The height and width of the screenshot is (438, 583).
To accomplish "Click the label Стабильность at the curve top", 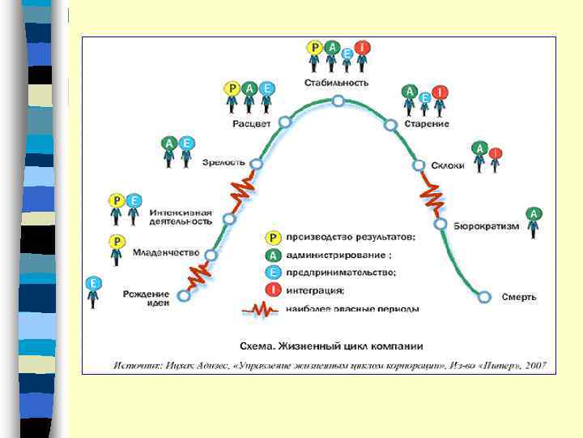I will pyautogui.click(x=337, y=83).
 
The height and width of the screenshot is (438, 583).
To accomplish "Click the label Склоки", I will pyautogui.click(x=449, y=165).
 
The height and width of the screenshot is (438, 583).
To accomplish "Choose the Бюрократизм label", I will pyautogui.click(x=486, y=225).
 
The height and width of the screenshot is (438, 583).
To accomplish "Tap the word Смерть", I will pyautogui.click(x=519, y=297).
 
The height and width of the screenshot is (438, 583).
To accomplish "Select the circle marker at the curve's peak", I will pyautogui.click(x=338, y=101).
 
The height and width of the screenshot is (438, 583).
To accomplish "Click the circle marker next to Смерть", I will pyautogui.click(x=484, y=297).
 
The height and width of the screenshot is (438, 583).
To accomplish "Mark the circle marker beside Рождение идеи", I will pyautogui.click(x=184, y=296).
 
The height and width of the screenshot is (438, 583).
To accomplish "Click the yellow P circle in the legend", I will pyautogui.click(x=274, y=238).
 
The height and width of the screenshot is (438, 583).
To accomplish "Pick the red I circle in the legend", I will pyautogui.click(x=274, y=290).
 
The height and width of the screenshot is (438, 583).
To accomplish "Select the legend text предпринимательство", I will pyautogui.click(x=341, y=273).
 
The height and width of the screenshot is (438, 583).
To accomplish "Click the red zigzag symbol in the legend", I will pyautogui.click(x=261, y=309).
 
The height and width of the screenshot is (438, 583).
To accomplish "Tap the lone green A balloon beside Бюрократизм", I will pyautogui.click(x=534, y=214).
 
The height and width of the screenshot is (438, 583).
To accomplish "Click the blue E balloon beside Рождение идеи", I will pyautogui.click(x=93, y=284).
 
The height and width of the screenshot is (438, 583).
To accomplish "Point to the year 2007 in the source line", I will pyautogui.click(x=535, y=365).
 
